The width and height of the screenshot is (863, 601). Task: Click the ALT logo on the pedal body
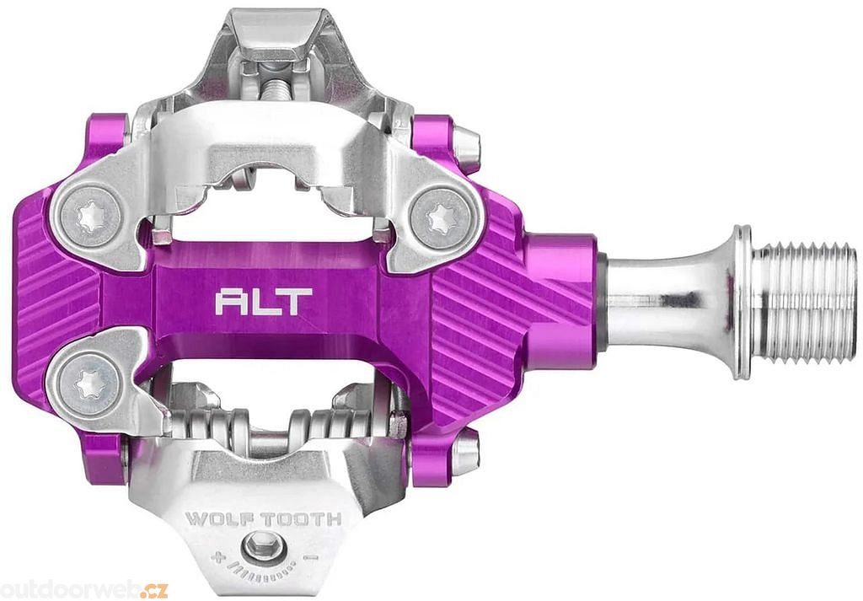[264, 302]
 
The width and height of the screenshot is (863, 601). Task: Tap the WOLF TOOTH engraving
[263, 519]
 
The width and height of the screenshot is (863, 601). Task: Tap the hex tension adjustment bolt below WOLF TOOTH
[259, 547]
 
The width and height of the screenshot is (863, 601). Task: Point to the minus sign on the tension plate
[311, 557]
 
